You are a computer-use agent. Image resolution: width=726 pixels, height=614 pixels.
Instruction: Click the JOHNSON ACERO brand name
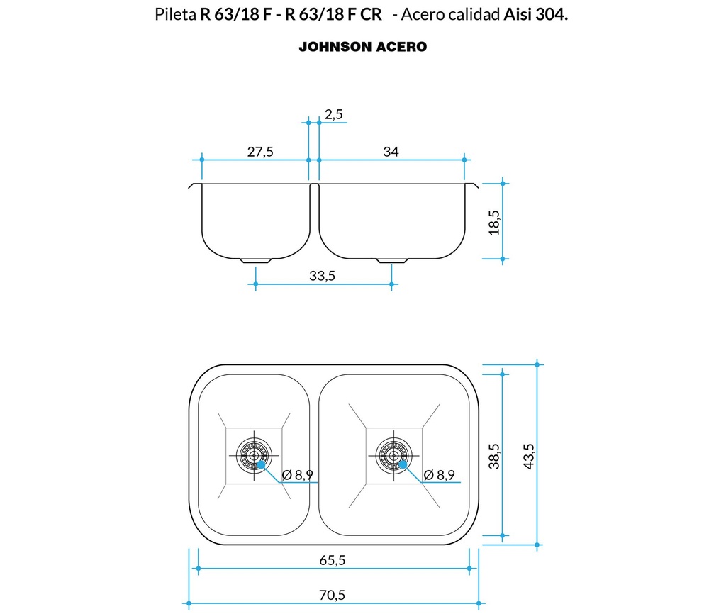(x=362, y=47)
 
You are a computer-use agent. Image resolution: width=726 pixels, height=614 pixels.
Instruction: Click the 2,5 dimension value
(x=334, y=114)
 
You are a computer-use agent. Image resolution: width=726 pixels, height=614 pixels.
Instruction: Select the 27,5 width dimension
(x=260, y=151)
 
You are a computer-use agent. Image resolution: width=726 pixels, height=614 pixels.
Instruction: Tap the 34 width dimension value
(x=391, y=151)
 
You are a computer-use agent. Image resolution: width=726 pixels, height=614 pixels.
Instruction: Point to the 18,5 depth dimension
(x=494, y=221)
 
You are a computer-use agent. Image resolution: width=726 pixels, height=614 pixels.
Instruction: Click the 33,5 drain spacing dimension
(x=322, y=276)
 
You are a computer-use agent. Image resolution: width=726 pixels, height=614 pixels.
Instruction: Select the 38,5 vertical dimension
(x=494, y=456)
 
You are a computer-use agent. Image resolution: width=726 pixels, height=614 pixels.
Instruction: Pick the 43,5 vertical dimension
(x=528, y=456)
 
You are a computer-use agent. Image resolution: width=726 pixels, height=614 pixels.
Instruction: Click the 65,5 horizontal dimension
(x=332, y=560)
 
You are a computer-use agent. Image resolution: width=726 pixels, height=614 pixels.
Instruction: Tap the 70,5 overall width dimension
(x=332, y=596)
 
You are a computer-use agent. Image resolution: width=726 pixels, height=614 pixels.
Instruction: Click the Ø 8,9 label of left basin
(x=297, y=475)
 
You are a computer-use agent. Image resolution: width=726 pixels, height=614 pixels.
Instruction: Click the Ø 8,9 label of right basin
(x=439, y=475)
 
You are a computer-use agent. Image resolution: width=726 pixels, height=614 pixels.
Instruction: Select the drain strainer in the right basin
(x=393, y=454)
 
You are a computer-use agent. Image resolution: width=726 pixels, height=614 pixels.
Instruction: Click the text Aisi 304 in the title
(x=535, y=15)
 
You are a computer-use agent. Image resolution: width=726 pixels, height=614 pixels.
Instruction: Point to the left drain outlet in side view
(x=255, y=260)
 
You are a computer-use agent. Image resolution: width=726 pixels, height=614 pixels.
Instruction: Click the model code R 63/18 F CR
(x=333, y=15)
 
